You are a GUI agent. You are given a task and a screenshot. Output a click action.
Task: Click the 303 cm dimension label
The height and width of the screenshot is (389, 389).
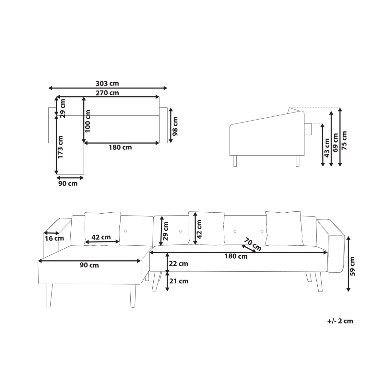tap(107, 83)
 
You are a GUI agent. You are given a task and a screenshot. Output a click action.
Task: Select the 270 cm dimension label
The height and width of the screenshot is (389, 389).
tap(107, 93)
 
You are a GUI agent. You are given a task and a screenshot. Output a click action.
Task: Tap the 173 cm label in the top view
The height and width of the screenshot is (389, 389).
tap(60, 147)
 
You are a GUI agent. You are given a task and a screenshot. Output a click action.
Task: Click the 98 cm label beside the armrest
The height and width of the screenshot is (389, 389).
tap(175, 126)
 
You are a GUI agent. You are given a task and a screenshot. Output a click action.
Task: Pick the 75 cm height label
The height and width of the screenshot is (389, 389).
tap(344, 140)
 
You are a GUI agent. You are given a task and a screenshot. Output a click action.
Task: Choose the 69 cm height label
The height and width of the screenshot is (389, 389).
tap(335, 143)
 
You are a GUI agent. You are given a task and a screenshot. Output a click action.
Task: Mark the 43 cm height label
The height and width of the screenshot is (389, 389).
tap(327, 148)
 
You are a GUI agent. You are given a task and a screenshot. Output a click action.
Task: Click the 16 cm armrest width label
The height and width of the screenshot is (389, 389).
tap(54, 238)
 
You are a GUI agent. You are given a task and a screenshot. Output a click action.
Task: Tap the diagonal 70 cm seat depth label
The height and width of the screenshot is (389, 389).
tap(253, 244)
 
